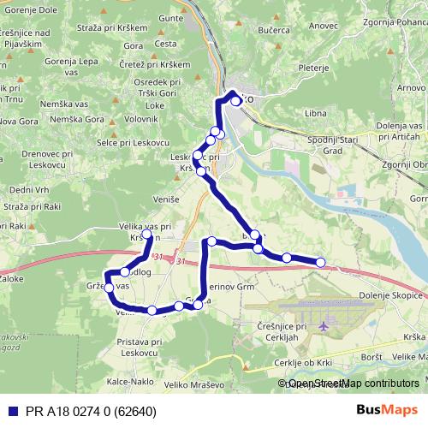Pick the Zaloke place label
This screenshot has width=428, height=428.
[x=11, y=279]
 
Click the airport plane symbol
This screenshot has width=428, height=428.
[x=324, y=326]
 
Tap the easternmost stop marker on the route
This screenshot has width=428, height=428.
[x=321, y=262]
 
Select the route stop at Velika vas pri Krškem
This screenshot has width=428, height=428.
[x=147, y=235]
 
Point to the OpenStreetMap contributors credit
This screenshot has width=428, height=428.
[x=354, y=383]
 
